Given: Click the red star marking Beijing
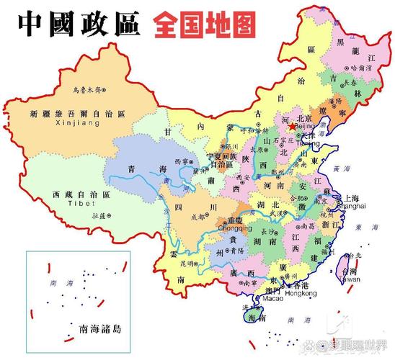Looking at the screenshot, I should pyautogui.click(x=291, y=127).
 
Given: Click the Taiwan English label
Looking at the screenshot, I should pyautogui.click(x=350, y=278).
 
